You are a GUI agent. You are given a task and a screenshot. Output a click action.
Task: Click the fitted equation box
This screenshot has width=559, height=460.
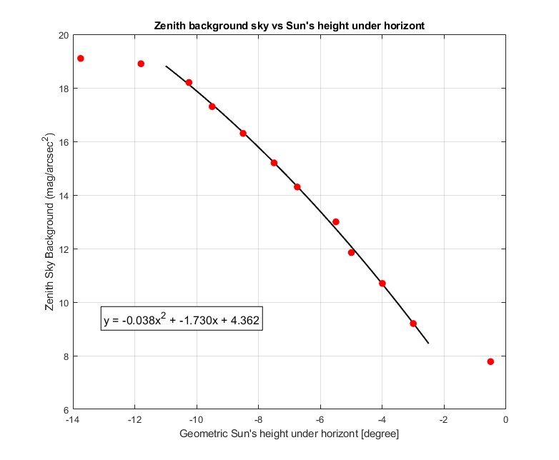coord(182,321)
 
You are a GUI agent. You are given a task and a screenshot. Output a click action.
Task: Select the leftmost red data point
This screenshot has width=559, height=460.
coord(81,59)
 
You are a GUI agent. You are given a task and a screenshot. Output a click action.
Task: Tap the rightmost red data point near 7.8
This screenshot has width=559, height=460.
coord(490,361)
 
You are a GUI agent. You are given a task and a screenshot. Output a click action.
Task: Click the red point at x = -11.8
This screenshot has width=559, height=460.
coord(141,64)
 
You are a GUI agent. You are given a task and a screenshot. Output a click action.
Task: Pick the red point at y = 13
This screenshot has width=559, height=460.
coord(336,221)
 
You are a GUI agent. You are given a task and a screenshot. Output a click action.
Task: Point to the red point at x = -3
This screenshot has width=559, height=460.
coord(413,324)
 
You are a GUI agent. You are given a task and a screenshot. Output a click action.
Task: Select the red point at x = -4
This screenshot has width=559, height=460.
coord(382,284)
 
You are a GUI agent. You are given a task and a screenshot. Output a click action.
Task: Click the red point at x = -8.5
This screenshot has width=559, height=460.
coord(243,134)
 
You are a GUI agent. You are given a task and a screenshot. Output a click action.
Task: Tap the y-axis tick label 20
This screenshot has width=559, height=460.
coord(62,35)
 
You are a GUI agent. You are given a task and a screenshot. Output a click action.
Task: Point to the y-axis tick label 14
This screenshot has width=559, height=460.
coord(62,196)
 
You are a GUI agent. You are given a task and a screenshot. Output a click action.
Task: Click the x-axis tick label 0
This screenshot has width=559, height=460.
coord(506,421)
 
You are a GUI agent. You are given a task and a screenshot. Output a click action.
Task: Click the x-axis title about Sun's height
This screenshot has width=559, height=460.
coord(289,434)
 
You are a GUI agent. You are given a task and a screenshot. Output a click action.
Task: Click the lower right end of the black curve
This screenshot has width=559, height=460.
coord(428,344)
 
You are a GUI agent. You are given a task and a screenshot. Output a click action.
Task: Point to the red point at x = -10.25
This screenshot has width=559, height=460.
coord(189,83)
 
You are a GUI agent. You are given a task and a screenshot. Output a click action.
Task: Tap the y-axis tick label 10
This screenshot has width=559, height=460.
coord(62,303)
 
